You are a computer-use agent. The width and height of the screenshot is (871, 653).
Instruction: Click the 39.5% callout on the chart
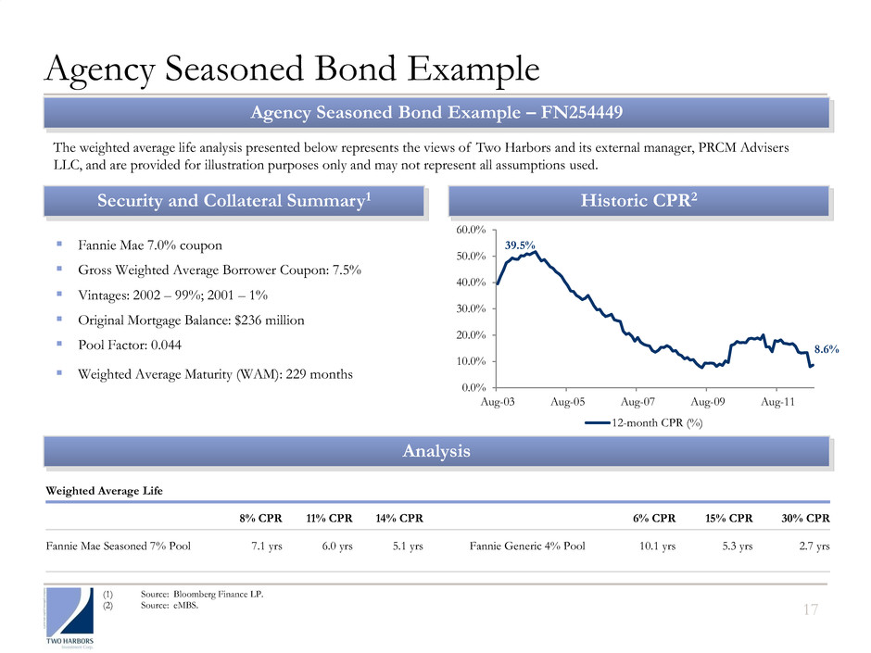[520, 245]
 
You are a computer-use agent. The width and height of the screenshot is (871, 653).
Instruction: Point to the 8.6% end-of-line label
[827, 349]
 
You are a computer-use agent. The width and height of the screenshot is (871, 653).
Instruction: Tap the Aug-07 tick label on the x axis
[637, 401]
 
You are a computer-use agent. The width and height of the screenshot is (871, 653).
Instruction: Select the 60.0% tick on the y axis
[471, 230]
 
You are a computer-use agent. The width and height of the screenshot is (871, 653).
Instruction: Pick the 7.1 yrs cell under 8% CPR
[267, 546]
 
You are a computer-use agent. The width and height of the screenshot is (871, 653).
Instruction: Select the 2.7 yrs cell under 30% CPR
[814, 546]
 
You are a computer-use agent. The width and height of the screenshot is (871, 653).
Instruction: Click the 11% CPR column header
[329, 518]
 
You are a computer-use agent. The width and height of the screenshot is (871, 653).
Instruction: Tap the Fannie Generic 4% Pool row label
[527, 546]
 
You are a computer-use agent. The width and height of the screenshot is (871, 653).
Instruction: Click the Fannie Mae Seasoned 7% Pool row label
[119, 546]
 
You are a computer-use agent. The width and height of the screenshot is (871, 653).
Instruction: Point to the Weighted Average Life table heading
[105, 491]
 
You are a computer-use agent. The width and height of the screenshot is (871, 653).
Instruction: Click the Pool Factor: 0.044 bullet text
[130, 345]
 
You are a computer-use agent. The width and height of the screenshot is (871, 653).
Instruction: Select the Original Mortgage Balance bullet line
[191, 320]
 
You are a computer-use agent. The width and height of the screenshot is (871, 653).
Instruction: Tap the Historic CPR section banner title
[638, 200]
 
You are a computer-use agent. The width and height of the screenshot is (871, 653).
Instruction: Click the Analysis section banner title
[436, 451]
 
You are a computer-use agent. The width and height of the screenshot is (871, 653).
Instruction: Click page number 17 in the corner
[811, 609]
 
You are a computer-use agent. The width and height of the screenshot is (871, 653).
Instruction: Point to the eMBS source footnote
[170, 605]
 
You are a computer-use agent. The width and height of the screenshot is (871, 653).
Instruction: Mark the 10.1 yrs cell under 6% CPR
[658, 546]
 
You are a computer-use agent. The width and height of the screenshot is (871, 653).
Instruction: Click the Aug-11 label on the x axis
[777, 401]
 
